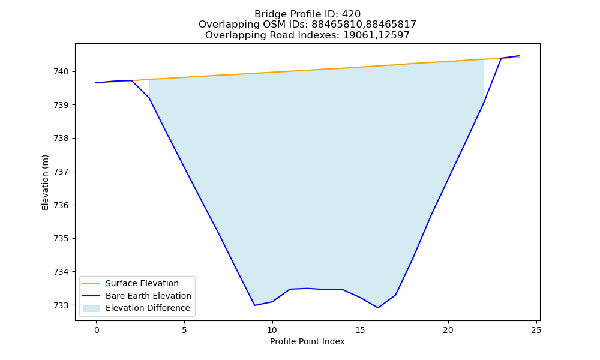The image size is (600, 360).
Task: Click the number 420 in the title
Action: click(351, 14)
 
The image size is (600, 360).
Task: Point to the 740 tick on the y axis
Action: click(61, 71)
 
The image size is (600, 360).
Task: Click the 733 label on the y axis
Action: click(61, 305)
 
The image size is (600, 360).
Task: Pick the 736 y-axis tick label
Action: click(61, 205)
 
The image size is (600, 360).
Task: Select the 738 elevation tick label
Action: click(61, 139)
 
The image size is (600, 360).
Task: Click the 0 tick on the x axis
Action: click(97, 330)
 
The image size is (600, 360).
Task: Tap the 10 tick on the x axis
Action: click(272, 330)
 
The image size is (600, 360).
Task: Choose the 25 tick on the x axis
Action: click(536, 330)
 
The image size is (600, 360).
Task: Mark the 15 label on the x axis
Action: click(360, 330)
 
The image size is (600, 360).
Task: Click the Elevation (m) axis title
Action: click(45, 182)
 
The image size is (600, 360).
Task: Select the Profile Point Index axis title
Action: click(307, 341)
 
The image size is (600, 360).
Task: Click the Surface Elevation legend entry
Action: click(142, 283)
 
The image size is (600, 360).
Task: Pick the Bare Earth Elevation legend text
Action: click(148, 296)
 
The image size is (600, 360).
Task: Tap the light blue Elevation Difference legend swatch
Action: click(91, 308)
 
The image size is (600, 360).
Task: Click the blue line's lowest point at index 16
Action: click(378, 308)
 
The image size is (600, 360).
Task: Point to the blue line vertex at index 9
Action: click(254, 305)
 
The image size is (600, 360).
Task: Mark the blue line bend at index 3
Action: click(149, 98)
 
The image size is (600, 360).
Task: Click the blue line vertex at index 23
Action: click(501, 59)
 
